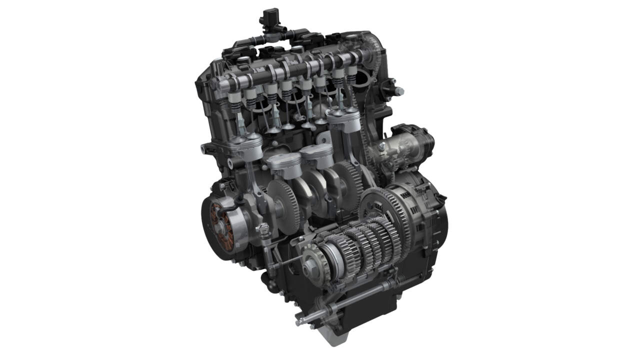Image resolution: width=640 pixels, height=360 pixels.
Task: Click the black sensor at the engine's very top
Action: pos(269,16)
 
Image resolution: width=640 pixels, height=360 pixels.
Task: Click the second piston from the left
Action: pos(283,164)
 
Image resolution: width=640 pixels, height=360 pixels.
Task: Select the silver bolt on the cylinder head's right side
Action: pos(398,91)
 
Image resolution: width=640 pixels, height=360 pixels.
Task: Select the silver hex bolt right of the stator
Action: pos(263,229)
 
